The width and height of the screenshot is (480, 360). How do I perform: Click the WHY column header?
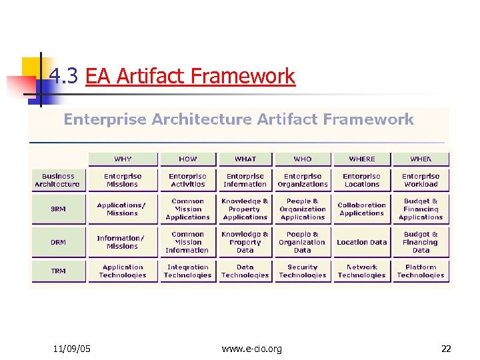point(123,159)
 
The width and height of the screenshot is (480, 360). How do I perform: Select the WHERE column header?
point(362,159)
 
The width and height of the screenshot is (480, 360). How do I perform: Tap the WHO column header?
point(303,159)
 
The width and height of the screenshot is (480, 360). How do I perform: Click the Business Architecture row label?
point(58,180)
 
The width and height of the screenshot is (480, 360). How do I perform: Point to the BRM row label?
point(58,209)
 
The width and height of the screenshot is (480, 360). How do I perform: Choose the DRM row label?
point(58,243)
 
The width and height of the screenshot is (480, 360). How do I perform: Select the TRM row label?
point(58,271)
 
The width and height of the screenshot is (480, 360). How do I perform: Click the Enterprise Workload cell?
point(421,180)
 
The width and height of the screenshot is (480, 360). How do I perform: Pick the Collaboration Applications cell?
point(362,209)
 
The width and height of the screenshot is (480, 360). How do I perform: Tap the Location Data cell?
point(362,243)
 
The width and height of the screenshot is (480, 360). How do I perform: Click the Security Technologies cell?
point(303,271)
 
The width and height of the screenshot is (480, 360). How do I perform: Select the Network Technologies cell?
point(362,271)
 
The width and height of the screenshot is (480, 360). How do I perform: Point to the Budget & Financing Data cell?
point(421,243)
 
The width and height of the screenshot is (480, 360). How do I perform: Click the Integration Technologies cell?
point(187,271)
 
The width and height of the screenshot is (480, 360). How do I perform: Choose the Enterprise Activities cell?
point(187,180)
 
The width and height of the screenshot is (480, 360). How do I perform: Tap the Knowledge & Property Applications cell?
point(245,209)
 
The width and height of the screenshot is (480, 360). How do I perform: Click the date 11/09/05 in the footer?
point(72,348)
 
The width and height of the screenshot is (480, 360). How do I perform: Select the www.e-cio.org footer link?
point(251,348)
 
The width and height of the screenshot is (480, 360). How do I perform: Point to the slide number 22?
point(446,348)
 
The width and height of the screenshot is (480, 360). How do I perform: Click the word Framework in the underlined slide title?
point(243,76)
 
